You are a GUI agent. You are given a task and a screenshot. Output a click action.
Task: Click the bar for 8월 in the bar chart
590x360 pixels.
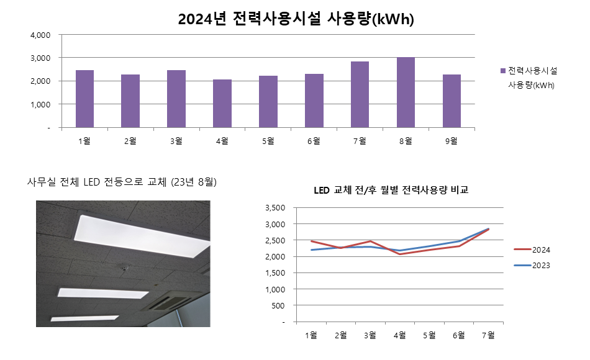click(406, 92)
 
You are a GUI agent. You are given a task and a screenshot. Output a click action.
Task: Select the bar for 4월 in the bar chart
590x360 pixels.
click(222, 104)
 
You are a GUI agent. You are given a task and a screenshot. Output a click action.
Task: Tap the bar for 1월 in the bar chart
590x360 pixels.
click(84, 99)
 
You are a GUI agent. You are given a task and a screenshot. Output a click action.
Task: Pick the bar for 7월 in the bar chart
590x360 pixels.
click(360, 94)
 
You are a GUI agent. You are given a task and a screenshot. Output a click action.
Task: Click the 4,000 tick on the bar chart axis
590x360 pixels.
click(40, 35)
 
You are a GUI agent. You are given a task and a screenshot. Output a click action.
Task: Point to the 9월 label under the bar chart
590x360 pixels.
click(452, 141)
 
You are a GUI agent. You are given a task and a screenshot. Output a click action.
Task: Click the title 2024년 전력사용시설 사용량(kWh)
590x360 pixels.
click(296, 19)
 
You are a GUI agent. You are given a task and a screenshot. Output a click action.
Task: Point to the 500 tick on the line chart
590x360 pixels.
click(279, 305)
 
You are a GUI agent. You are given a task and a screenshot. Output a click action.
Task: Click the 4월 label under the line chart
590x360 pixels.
click(400, 335)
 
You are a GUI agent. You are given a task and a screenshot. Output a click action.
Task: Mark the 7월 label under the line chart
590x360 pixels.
click(489, 335)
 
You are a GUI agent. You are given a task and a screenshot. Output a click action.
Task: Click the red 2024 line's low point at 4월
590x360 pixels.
click(400, 254)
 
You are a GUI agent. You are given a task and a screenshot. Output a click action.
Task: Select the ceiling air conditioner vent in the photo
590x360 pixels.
click(168, 302)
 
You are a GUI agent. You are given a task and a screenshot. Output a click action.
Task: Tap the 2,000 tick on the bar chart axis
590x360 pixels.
click(40, 81)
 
